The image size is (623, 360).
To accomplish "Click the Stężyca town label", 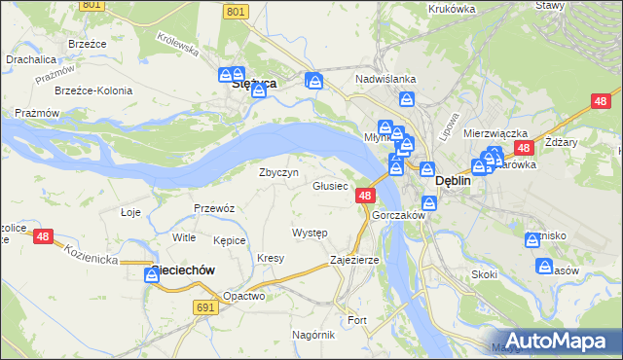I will tap(256, 84).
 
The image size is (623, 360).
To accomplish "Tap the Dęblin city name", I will tap(453, 180).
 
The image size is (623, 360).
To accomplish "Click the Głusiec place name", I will tap(330, 186).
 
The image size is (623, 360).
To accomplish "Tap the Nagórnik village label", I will tap(313, 334).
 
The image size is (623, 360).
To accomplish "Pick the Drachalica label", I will tap(30, 58).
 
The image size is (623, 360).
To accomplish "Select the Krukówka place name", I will tap(451, 8).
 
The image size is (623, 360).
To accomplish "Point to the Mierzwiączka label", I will tap(495, 133).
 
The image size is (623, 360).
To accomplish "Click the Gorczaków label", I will tap(398, 215).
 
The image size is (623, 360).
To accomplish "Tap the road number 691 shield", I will tap(203, 306).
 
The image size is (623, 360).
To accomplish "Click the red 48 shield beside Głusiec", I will tap(364, 196).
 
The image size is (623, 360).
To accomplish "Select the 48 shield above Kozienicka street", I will tap(42, 235).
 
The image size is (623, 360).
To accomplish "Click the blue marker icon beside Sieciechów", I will tap(152, 275).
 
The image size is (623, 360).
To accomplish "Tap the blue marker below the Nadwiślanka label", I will tap(407, 99).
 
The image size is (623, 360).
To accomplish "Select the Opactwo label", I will tap(244, 296).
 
